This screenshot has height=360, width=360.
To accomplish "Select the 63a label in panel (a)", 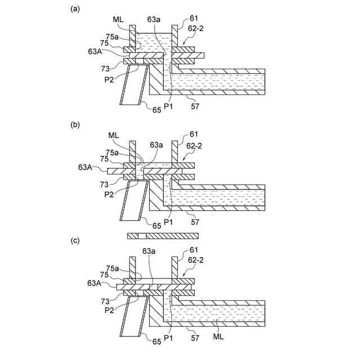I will click(154, 20).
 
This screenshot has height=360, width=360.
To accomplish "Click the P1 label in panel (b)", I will click(168, 223).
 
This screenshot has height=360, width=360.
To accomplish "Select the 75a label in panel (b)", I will click(112, 152).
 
